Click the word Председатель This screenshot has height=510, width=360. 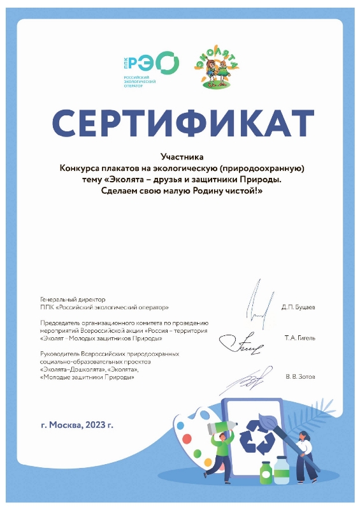click(61, 324)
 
